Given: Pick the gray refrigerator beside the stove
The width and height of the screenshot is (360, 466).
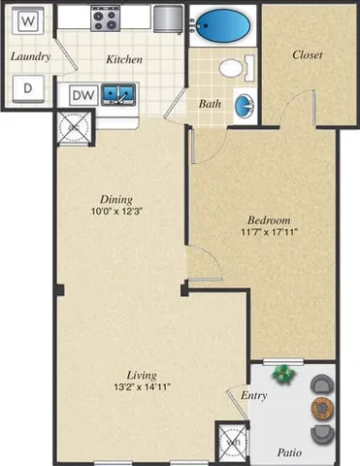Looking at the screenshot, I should coord(166,17).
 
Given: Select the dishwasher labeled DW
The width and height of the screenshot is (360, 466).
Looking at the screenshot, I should coord(82,95).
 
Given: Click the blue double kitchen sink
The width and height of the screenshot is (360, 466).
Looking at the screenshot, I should coord(120,94).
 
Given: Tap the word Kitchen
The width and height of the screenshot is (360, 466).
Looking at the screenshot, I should coord(124,59).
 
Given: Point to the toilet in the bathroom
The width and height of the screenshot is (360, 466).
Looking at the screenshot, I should coord(234,67).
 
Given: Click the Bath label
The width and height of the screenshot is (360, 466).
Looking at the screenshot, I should coord(209,102).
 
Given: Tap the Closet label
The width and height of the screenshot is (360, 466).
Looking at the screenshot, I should coord(308,54).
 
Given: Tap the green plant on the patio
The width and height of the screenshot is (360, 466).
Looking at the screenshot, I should coord(283,373).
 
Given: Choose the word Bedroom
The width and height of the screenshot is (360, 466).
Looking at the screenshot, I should coord(263,218).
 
